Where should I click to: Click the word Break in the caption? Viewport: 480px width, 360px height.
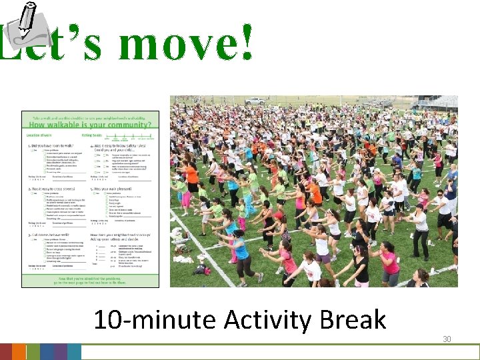(x=353, y=320)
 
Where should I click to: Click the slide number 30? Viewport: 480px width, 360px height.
(x=447, y=339)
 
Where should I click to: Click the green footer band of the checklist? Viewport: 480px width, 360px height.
(x=91, y=279)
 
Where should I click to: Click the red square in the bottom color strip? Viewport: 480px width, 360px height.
(x=5, y=352)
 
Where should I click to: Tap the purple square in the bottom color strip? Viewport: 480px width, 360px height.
(x=61, y=352)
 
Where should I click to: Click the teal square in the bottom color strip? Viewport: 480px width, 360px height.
(x=74, y=352)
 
